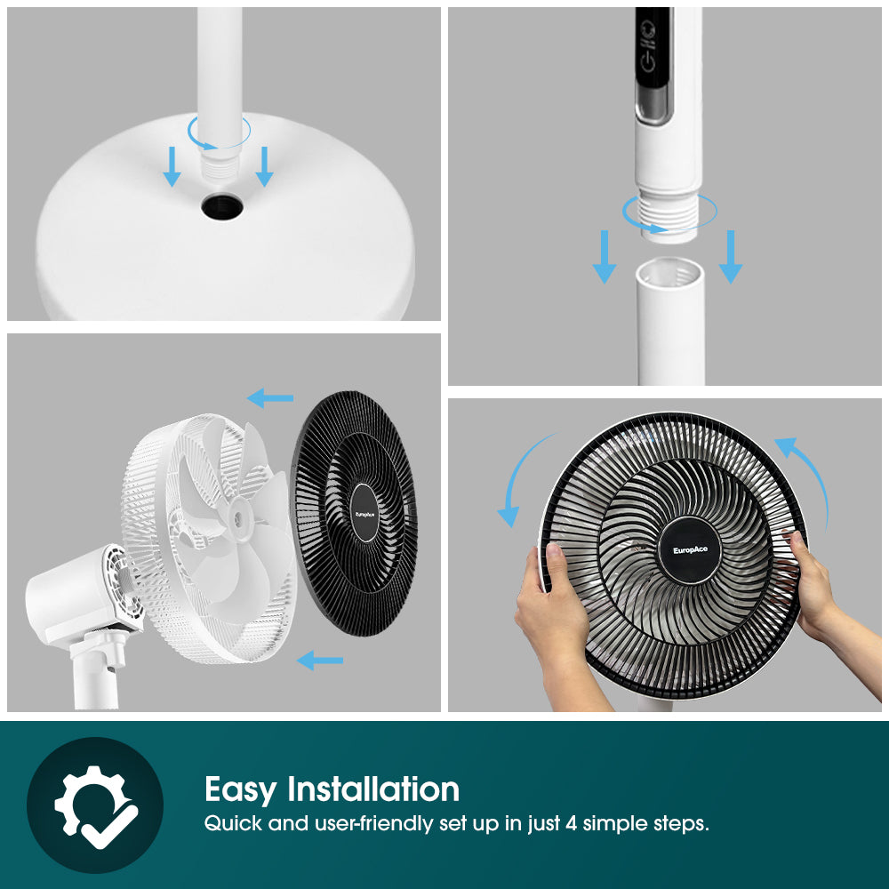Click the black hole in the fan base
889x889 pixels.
(x=218, y=208)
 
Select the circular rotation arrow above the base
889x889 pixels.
(x=219, y=134)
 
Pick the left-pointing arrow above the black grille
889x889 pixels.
(x=269, y=397)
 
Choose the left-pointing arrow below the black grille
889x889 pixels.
(x=319, y=660)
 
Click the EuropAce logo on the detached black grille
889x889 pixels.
(x=365, y=513)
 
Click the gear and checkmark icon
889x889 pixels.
(x=95, y=805)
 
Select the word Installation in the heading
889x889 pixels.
(x=373, y=789)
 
